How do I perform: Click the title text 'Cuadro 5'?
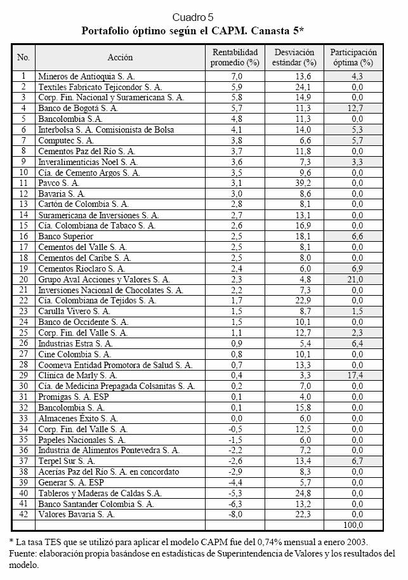click(197, 17)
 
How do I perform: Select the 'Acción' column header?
click(121, 58)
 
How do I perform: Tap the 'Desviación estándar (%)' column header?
click(294, 58)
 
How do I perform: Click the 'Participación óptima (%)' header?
click(353, 58)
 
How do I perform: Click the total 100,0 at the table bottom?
click(353, 525)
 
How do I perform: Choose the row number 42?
click(23, 515)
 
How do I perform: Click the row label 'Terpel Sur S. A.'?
click(67, 461)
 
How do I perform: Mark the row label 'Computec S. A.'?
click(66, 140)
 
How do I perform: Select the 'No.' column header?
click(23, 58)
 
